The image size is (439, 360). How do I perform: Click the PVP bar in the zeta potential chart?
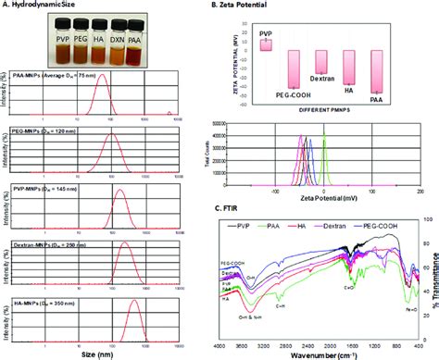266,43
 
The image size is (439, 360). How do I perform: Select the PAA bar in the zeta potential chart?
377,74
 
